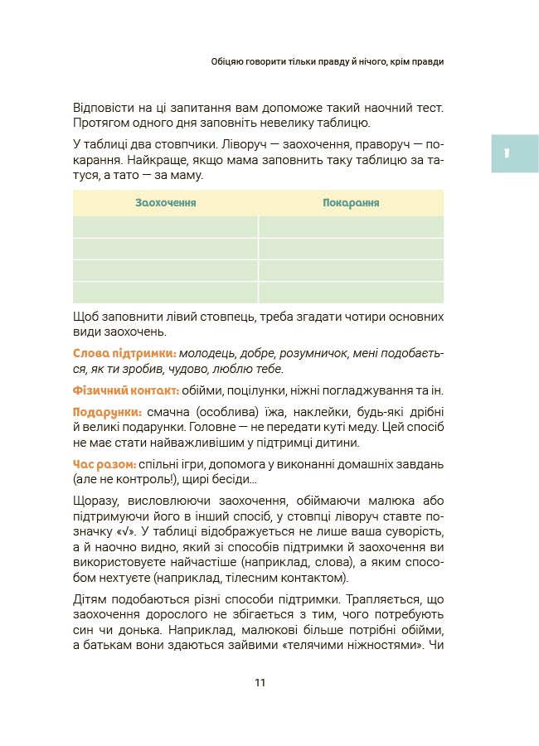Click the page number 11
pos(260,683)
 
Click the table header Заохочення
pos(166,202)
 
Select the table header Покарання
pos(351,202)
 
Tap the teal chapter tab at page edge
pos(514,153)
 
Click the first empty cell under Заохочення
pos(166,227)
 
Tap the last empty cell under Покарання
pos(351,293)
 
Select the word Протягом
pos(100,124)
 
